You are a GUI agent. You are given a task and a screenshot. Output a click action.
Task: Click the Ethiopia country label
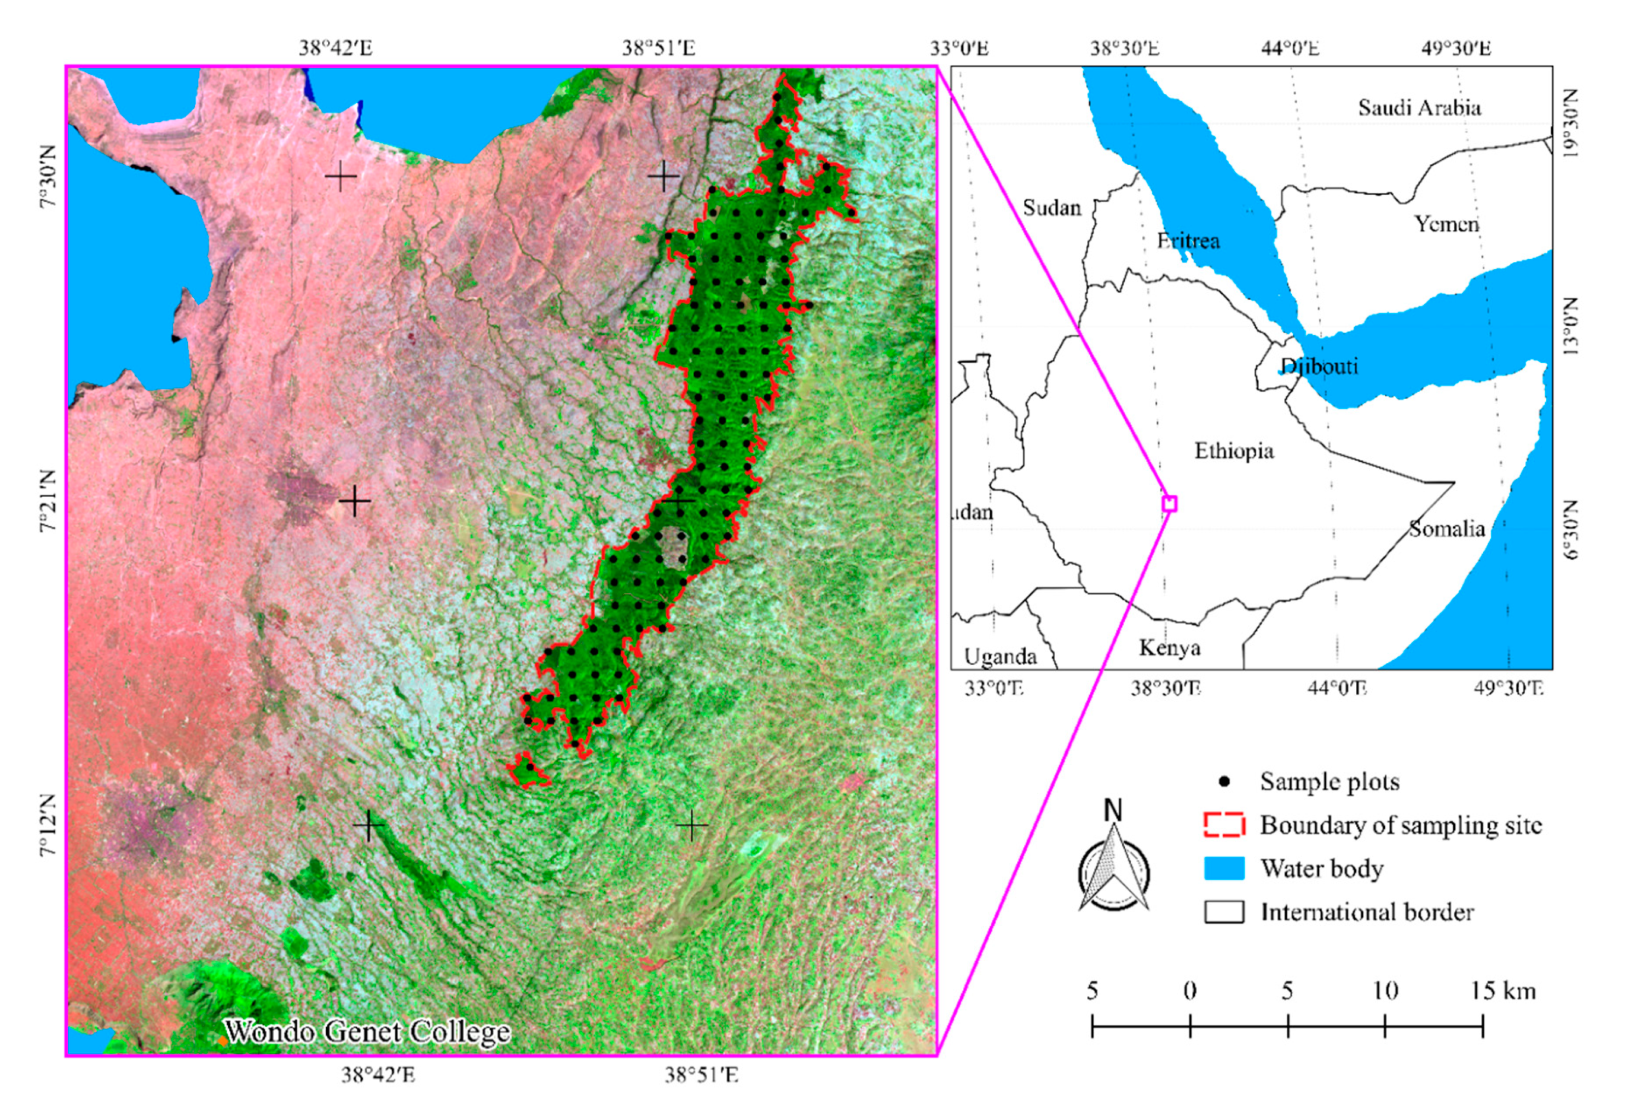tap(1234, 451)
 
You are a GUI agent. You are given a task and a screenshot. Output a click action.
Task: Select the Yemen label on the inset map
tap(1446, 224)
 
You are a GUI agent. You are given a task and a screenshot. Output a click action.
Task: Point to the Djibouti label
tap(1319, 366)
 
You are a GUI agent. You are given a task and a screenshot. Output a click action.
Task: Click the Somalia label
tap(1447, 528)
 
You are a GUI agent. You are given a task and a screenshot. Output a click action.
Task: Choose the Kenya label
tap(1169, 647)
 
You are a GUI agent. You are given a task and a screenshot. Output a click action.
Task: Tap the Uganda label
tap(1000, 656)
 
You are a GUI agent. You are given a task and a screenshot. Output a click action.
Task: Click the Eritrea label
tap(1188, 241)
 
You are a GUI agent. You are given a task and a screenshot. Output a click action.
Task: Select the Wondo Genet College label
tap(367, 1031)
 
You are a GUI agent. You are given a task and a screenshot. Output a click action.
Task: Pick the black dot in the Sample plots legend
tap(1224, 781)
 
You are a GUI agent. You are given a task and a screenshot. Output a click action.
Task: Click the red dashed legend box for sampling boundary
tap(1224, 824)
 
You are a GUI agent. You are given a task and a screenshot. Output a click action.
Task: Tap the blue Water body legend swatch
tap(1224, 868)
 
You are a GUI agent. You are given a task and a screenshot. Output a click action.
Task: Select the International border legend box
tap(1224, 911)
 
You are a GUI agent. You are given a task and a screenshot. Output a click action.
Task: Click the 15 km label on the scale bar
tap(1502, 991)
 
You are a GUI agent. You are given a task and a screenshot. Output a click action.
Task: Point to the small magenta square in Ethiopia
tap(1169, 503)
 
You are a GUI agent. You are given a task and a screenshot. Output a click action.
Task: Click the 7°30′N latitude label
tap(48, 187)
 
